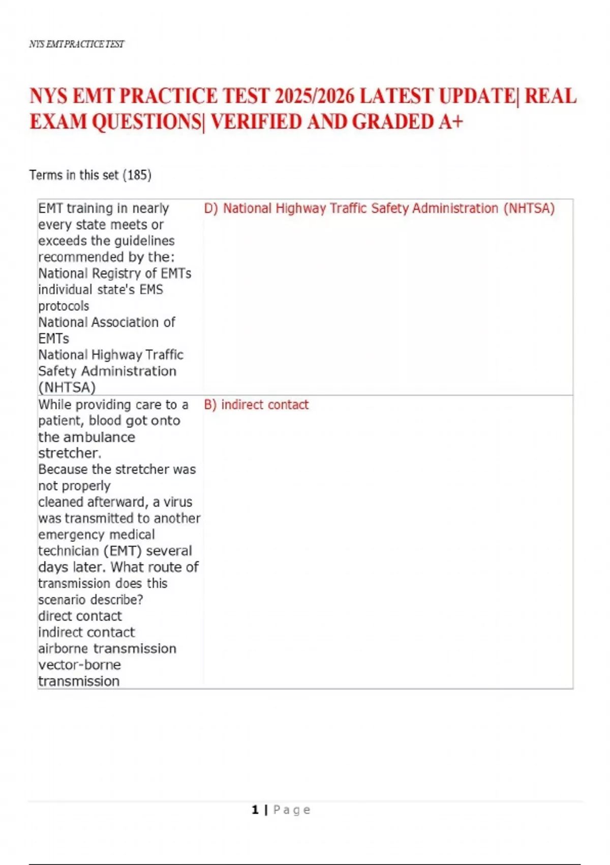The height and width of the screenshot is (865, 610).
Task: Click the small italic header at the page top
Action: coord(77,44)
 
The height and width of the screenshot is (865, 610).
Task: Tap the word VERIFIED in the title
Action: coord(257,122)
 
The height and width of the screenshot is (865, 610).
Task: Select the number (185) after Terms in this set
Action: coord(137,175)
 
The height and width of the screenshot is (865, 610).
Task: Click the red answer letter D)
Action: coord(211,208)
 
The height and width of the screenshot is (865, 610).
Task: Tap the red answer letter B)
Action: coord(210,405)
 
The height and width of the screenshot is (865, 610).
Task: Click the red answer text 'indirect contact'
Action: coord(265,405)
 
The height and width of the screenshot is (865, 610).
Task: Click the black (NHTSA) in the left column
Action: coord(67,387)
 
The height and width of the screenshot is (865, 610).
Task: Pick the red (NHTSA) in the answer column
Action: coord(529,208)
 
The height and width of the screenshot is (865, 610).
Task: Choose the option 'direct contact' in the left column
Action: coord(80,616)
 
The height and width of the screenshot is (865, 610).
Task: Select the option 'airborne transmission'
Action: coord(107,648)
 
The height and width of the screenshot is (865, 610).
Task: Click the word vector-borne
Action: coord(80,665)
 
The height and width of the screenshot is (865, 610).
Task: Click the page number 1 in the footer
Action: coord(255,810)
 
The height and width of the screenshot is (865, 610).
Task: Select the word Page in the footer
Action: coord(292,810)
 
